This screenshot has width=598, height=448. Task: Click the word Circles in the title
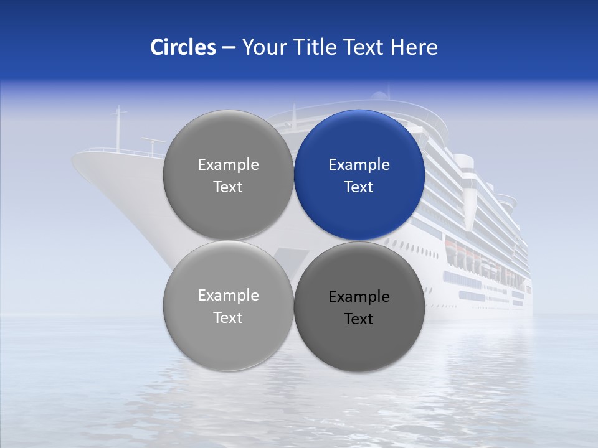[x=183, y=47]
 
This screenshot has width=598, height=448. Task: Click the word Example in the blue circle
[x=359, y=165]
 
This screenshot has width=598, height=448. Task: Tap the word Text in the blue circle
[x=359, y=187]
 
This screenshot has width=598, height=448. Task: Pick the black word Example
[x=359, y=297]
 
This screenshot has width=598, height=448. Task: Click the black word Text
[x=359, y=319]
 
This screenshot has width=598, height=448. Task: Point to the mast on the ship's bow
[x=118, y=128]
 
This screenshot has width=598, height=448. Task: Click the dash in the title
[x=229, y=47]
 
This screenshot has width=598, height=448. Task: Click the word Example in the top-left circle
[x=228, y=165]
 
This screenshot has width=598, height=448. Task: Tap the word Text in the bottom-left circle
[x=228, y=318]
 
